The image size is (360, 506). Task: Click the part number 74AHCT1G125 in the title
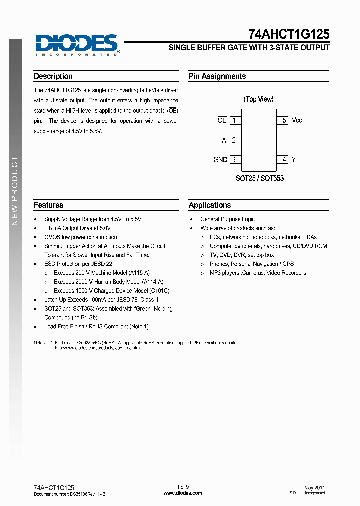pyautogui.click(x=289, y=34)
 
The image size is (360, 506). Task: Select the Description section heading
pyautogui.click(x=53, y=76)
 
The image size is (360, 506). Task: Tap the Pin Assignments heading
pyautogui.click(x=217, y=76)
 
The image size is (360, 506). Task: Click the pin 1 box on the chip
pyautogui.click(x=234, y=120)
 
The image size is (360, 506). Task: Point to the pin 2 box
pyautogui.click(x=234, y=140)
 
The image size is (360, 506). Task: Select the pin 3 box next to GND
pyautogui.click(x=234, y=160)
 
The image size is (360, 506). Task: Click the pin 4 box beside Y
pyautogui.click(x=284, y=160)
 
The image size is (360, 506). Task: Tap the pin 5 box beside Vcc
pyautogui.click(x=284, y=120)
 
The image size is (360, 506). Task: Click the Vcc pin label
pyautogui.click(x=297, y=120)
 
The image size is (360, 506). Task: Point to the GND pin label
pyautogui.click(x=220, y=160)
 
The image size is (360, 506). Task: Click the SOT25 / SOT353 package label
pyautogui.click(x=260, y=178)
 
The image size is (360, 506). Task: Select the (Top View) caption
pyautogui.click(x=258, y=99)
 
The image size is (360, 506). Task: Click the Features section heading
pyautogui.click(x=48, y=205)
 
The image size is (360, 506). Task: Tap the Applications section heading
pyautogui.click(x=210, y=205)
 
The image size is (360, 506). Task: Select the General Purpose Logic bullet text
pyautogui.click(x=227, y=219)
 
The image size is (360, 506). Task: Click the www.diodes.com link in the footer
pyautogui.click(x=183, y=493)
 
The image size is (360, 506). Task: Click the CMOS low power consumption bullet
pyautogui.click(x=81, y=237)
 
